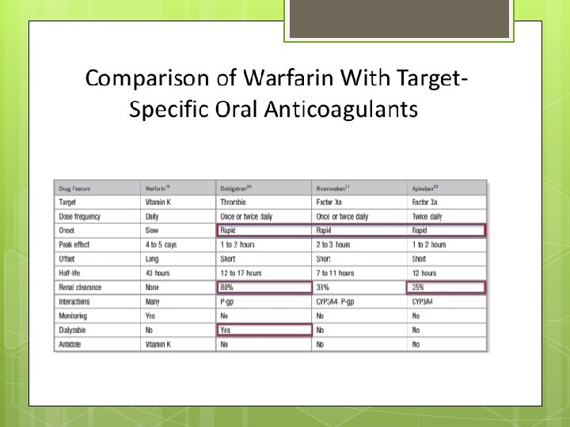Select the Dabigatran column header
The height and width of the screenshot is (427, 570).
[x=236, y=188]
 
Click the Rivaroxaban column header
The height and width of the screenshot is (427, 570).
[x=332, y=188]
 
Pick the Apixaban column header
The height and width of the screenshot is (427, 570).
[x=425, y=188]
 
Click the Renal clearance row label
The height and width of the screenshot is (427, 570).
[x=80, y=287]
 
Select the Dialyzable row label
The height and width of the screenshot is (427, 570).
[x=74, y=330]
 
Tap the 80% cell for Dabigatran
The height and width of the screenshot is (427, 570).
[x=228, y=287]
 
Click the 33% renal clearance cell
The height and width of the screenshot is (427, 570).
[x=323, y=287]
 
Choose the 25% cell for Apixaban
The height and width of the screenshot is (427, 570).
[x=419, y=287]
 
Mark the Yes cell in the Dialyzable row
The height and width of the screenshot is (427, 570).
[x=226, y=330]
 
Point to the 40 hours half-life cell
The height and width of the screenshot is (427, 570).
[x=158, y=273]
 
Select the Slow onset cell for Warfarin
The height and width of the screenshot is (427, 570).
[x=152, y=230]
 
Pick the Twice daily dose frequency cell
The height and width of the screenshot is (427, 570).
[x=427, y=217]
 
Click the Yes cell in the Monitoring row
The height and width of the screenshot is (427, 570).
[x=150, y=316]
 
